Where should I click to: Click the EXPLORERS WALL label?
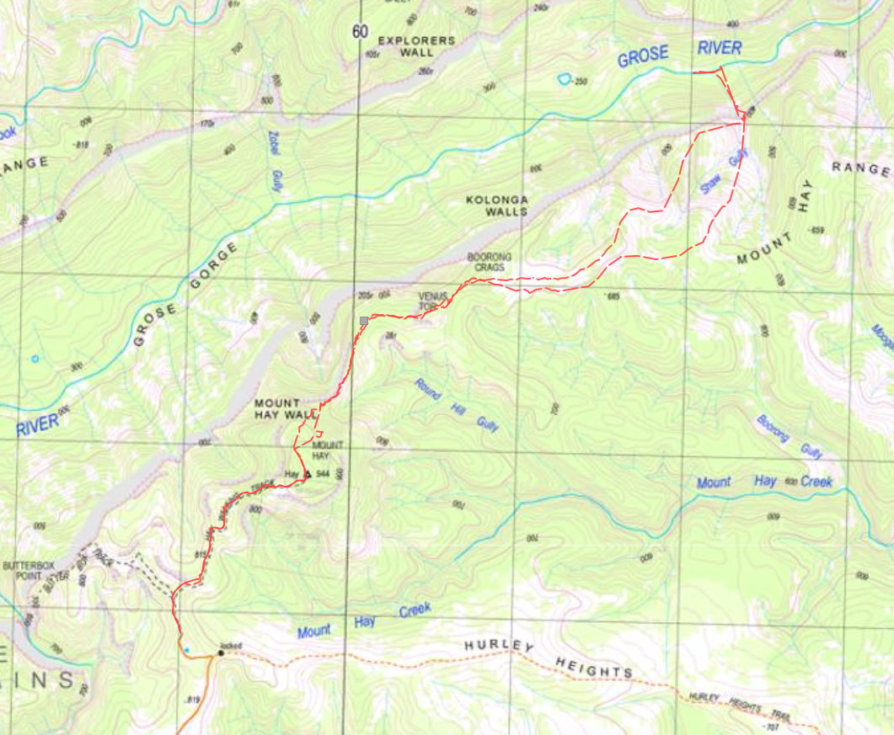[x=416, y=46]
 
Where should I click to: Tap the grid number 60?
[x=361, y=32]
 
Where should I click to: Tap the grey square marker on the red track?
[x=364, y=321]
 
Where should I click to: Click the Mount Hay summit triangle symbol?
[x=308, y=474]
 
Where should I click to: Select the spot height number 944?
[x=322, y=474]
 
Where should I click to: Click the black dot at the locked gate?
[x=221, y=652]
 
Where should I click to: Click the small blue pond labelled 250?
[x=563, y=79]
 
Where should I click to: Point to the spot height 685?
[x=613, y=296]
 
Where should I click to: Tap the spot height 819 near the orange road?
[x=193, y=700]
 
